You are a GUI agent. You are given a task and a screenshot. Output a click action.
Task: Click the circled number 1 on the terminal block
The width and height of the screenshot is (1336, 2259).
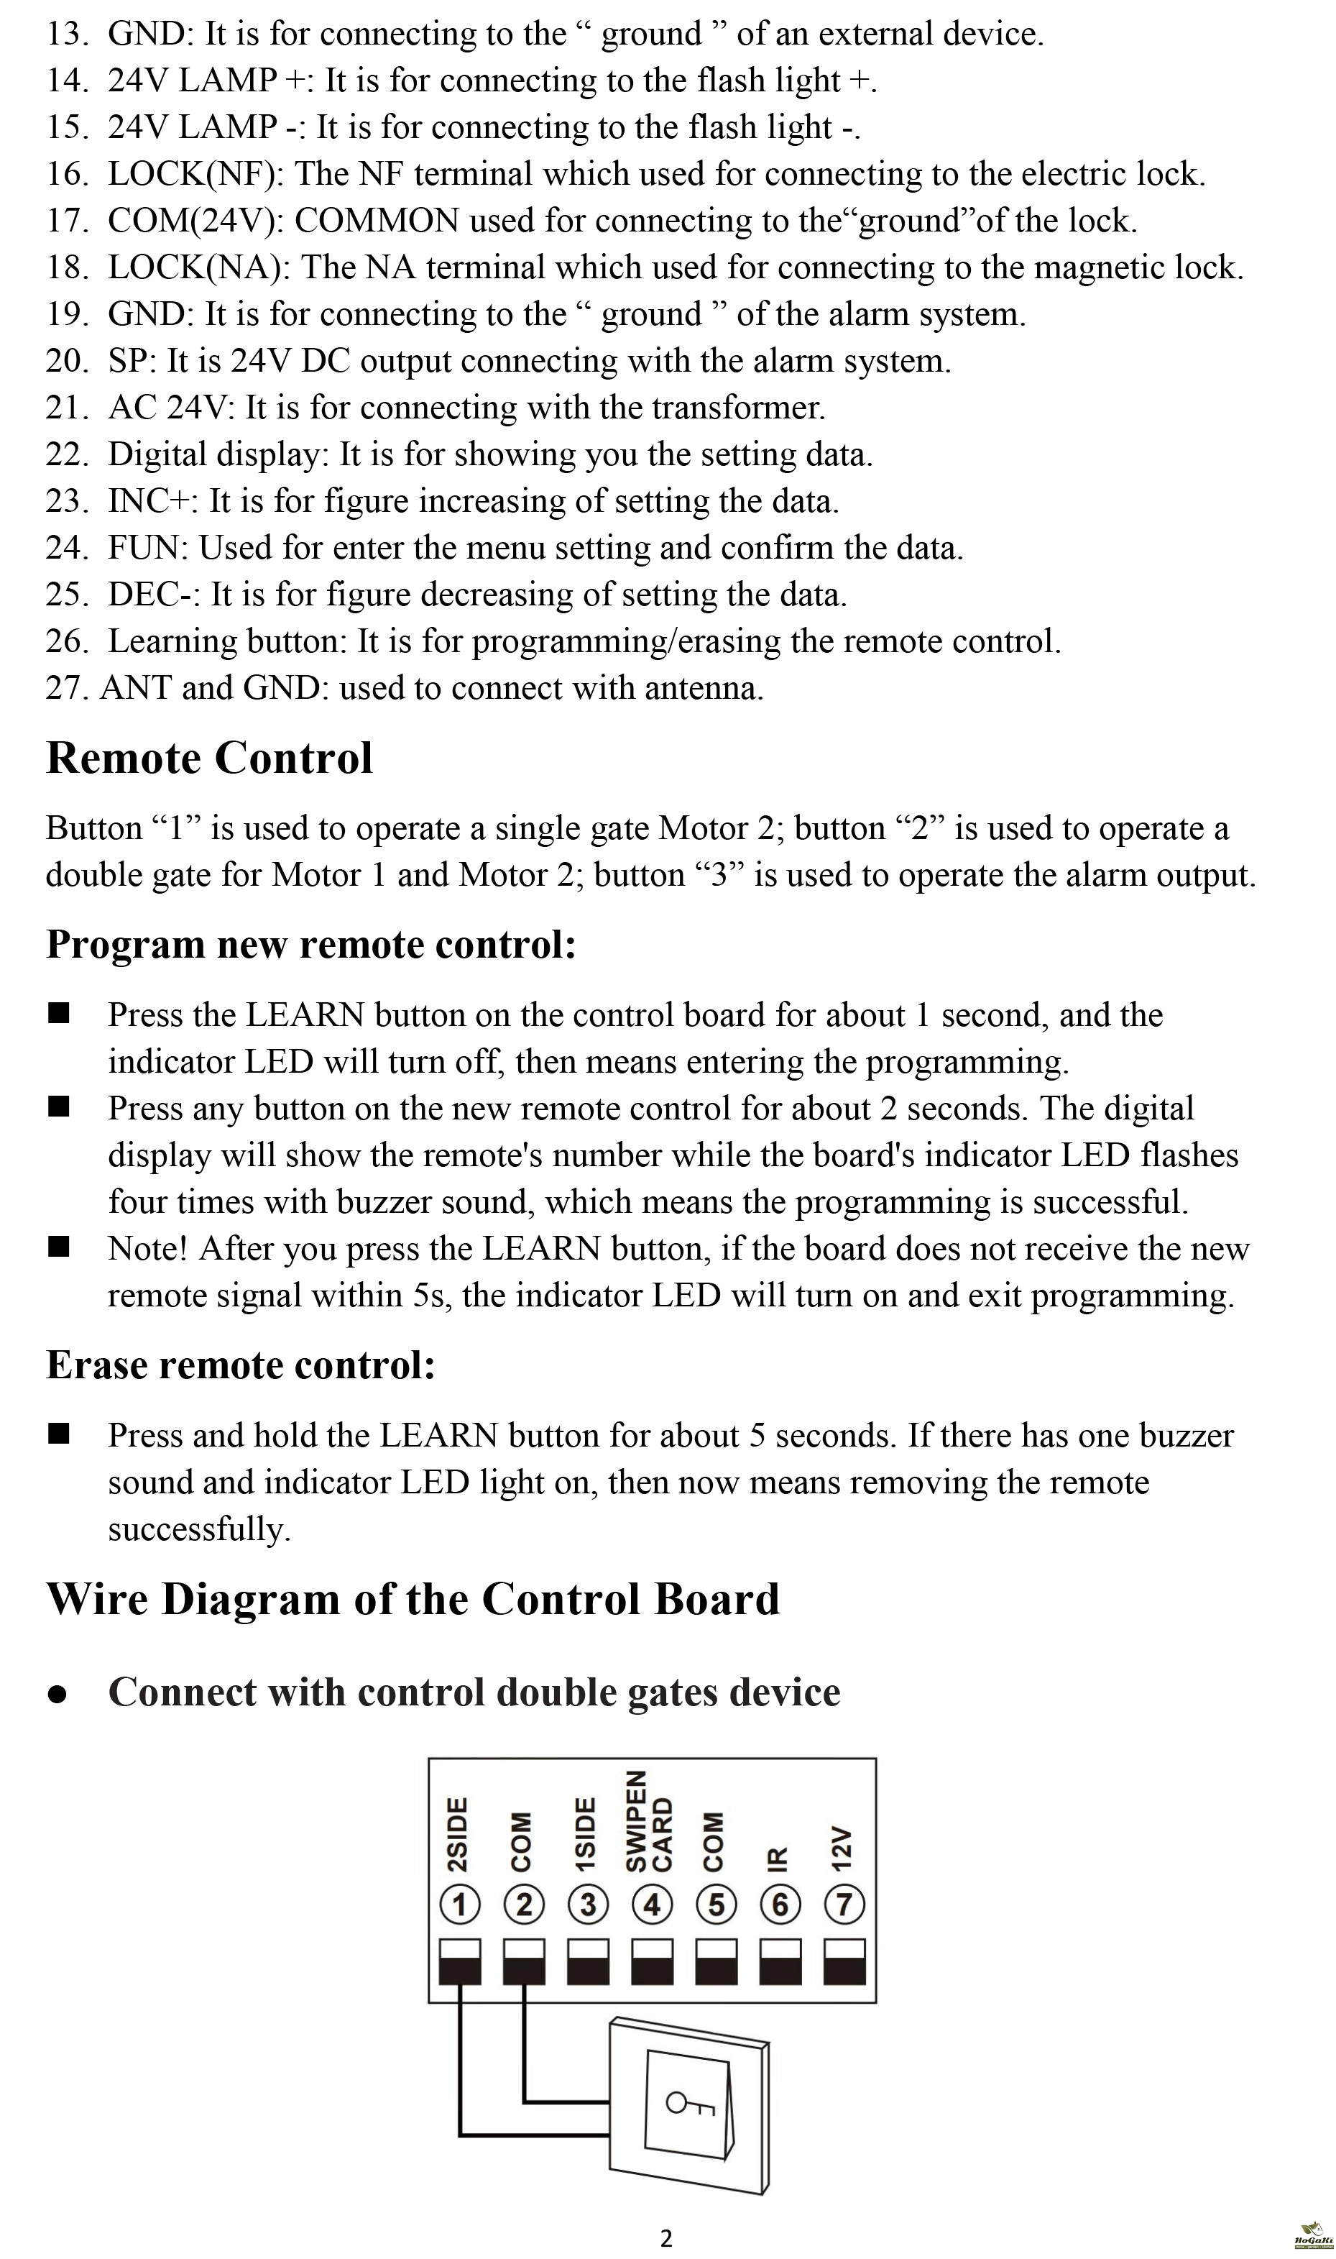(x=460, y=1905)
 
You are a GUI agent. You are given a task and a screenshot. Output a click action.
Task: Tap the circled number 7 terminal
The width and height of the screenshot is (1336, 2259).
(x=844, y=1905)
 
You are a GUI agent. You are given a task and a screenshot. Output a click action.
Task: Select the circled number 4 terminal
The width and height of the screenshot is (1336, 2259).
(x=653, y=1905)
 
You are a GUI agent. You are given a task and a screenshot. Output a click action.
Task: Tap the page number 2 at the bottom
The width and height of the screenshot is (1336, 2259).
(x=666, y=2238)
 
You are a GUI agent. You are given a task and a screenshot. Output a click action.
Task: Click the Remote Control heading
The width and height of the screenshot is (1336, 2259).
(x=209, y=758)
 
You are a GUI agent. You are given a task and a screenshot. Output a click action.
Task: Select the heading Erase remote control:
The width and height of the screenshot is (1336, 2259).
(x=240, y=1365)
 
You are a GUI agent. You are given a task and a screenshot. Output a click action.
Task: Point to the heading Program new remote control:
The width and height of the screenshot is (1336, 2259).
(x=310, y=945)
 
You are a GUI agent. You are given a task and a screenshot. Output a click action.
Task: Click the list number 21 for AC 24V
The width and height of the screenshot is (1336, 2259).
(x=65, y=408)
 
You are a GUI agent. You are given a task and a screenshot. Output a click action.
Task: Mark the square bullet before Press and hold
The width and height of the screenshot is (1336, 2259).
(x=60, y=1434)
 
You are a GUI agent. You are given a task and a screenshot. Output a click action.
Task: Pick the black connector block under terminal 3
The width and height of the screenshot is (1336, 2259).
(x=588, y=1964)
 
